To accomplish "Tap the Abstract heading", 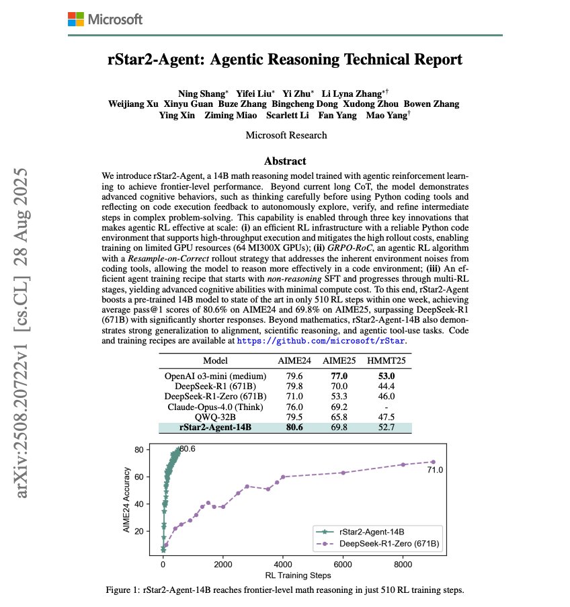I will pos(285,161).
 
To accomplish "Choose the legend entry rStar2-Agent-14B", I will pos(376,530).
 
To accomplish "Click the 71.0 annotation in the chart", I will pos(435,471).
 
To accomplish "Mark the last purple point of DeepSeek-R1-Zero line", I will pos(433,462).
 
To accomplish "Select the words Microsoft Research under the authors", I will pos(286,135).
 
